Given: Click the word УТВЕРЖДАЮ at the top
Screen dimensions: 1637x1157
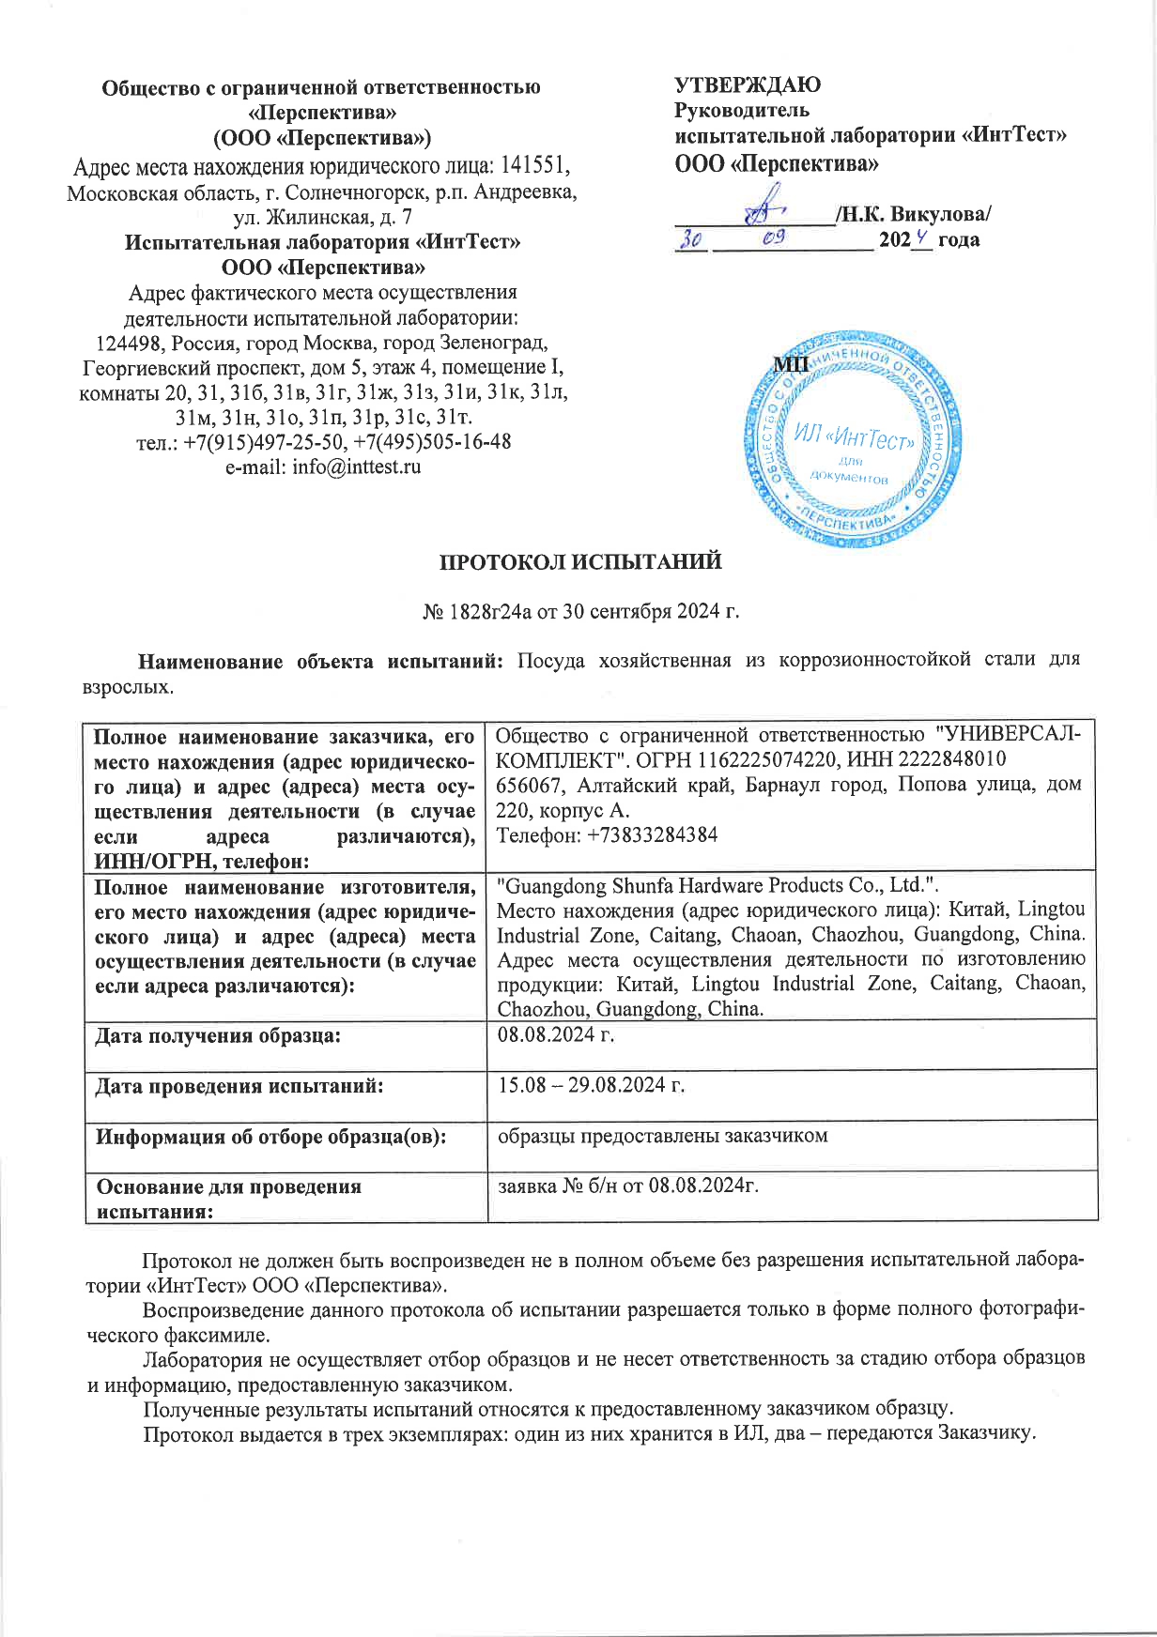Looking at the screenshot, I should [x=748, y=85].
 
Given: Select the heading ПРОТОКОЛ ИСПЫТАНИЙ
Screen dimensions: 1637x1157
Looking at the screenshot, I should [x=581, y=562].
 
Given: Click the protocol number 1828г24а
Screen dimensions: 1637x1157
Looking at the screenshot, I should [x=486, y=612].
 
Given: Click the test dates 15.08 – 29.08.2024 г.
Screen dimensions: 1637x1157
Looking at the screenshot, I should [x=591, y=1086].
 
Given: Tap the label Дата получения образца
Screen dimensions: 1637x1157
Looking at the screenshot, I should [x=218, y=1036].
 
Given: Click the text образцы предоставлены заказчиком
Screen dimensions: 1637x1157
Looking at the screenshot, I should [x=662, y=1136].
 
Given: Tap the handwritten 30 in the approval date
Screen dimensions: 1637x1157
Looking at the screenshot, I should [x=692, y=240].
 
